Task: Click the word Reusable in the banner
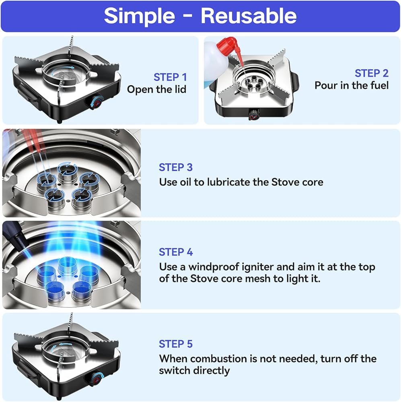[x=249, y=16]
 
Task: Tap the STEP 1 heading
[x=170, y=77]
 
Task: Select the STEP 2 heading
[x=372, y=73]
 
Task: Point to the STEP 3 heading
[x=176, y=167]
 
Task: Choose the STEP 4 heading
[x=176, y=252]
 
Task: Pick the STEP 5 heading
[x=176, y=344]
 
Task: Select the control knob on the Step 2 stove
[x=254, y=114]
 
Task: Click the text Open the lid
[x=156, y=90]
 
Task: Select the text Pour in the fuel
[x=352, y=85]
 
